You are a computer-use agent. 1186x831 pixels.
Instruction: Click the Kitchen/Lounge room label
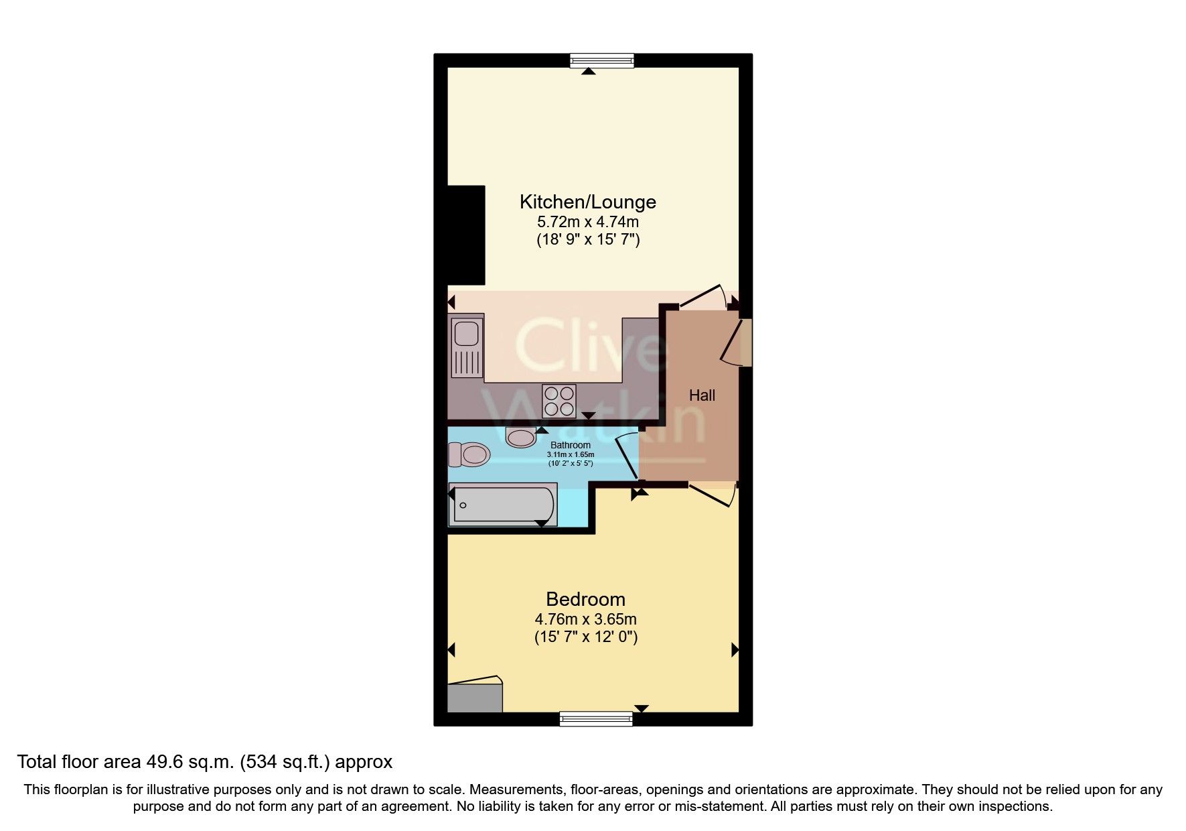(587, 202)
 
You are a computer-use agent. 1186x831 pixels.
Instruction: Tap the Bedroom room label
(585, 599)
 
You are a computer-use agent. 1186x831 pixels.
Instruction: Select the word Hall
(702, 395)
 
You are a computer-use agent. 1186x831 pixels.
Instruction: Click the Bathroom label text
(570, 445)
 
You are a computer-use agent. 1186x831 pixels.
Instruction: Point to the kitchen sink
(466, 346)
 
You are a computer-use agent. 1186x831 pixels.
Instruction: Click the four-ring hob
(559, 401)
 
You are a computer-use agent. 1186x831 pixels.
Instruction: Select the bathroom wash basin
(521, 438)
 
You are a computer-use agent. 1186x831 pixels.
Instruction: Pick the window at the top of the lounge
(601, 61)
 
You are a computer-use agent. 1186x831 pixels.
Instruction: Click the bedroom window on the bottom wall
(596, 719)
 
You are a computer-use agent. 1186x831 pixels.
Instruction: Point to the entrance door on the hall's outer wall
(737, 343)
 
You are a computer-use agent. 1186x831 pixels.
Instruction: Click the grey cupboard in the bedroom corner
(475, 697)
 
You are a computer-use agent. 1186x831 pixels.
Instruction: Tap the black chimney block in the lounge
(466, 235)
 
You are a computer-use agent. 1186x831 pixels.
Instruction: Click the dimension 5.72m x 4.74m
(587, 222)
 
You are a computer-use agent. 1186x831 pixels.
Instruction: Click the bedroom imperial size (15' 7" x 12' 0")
(585, 637)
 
